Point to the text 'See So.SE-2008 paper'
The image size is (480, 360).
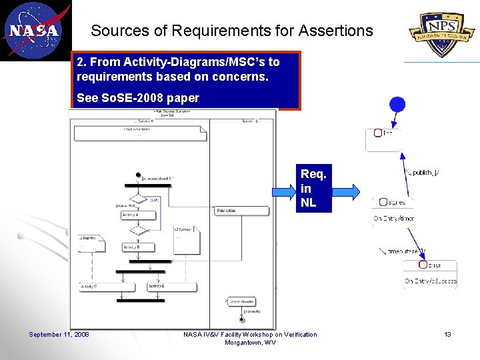pos(138,98)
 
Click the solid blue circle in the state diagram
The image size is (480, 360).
pos(397,105)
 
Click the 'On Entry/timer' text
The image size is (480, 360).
pos(393,219)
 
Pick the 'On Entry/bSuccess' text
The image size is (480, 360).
pos(431,281)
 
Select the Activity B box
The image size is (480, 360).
pos(138,247)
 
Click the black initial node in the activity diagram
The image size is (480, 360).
pos(138,175)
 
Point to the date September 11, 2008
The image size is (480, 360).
pos(59,335)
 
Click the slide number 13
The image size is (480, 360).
pos(448,335)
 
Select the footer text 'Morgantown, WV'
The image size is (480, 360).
pos(250,343)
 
